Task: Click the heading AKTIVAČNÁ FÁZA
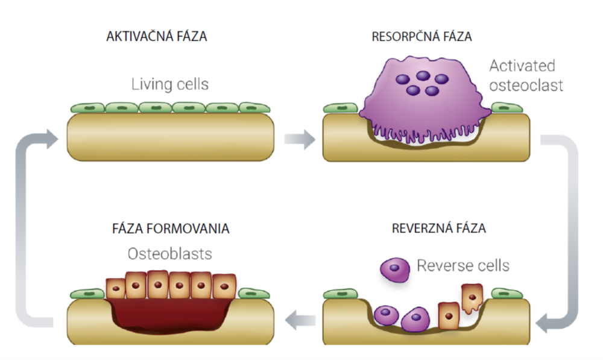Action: [157, 36]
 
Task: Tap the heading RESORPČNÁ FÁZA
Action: [422, 36]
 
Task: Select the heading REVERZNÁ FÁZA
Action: [438, 229]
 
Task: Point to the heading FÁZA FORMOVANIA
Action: [171, 229]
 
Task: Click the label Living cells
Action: [170, 84]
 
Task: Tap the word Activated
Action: [522, 65]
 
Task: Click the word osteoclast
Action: [526, 85]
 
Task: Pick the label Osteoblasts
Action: [170, 254]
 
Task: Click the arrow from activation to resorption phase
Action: [300, 141]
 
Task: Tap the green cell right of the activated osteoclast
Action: [507, 108]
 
